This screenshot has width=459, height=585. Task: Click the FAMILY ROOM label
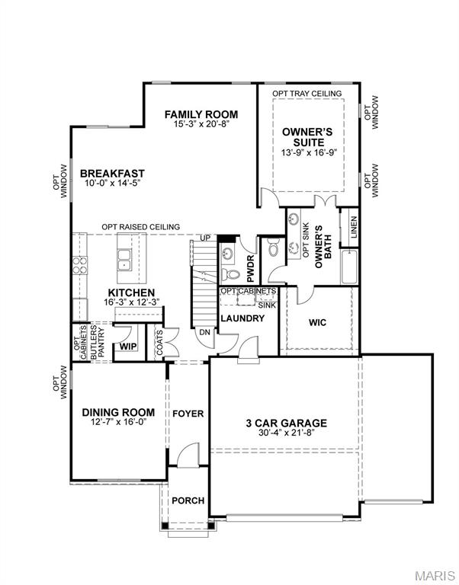pos(196,115)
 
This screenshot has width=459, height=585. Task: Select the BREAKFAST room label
pos(112,174)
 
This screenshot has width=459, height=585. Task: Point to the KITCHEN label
pos(131,292)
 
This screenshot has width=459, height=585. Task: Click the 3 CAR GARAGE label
pos(286,424)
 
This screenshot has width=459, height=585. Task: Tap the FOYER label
pos(188,414)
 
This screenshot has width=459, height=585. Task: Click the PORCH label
pos(188,500)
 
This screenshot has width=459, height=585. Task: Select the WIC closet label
pos(318,322)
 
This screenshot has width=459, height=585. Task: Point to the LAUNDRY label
pos(242,318)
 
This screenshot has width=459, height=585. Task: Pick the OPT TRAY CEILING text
pos(307,93)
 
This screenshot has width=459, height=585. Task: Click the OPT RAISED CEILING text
pos(141,227)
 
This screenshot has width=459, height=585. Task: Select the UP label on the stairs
pos(204,239)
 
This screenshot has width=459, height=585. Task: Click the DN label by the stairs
pos(204,332)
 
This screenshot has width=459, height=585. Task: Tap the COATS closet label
pos(159,340)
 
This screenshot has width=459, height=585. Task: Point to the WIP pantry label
pos(127,347)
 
